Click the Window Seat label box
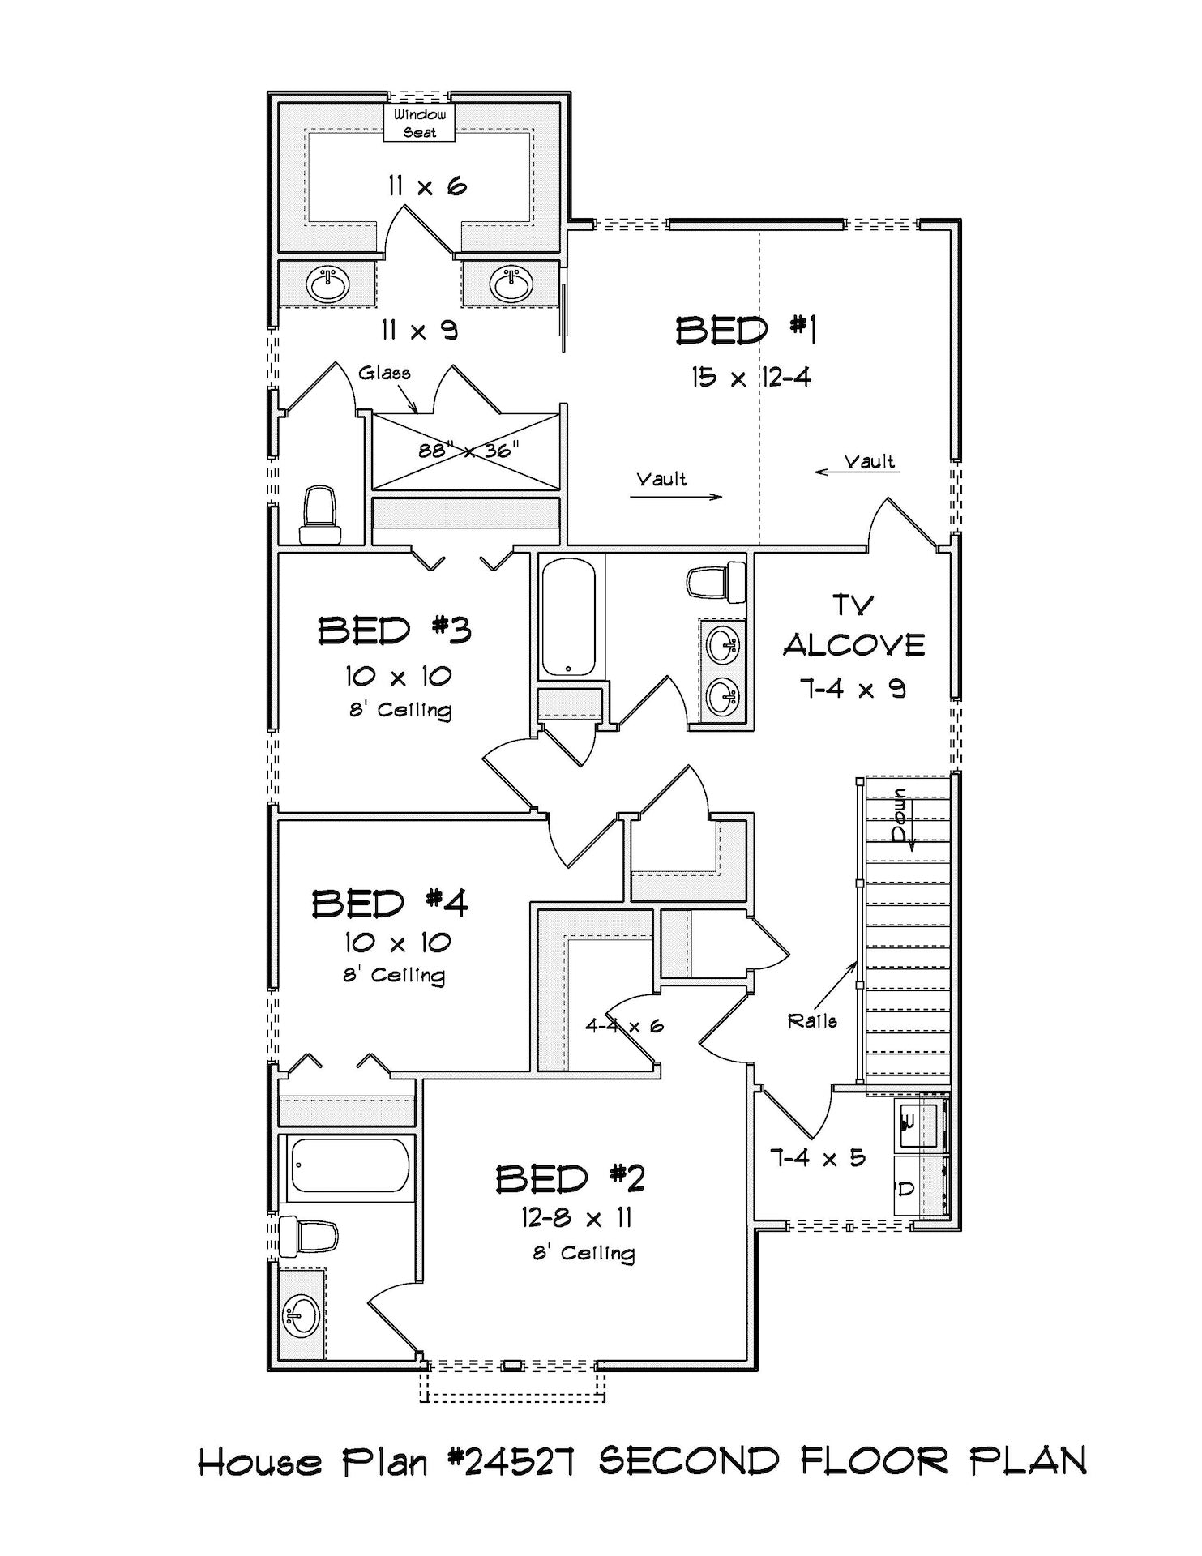419,123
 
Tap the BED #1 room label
745,331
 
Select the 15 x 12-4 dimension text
751,377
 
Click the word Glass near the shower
384,373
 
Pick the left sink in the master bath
327,284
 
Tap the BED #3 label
394,630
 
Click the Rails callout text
812,1021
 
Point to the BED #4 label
390,903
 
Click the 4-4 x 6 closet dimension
624,1026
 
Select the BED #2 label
570,1178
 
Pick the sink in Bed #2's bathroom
302,1315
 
